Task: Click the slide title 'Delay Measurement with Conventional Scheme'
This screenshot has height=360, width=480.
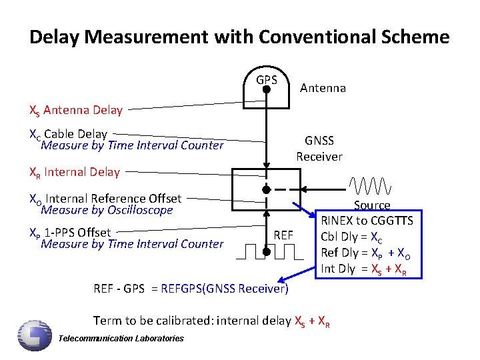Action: pyautogui.click(x=239, y=37)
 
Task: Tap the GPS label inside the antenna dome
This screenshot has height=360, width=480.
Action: pyautogui.click(x=267, y=80)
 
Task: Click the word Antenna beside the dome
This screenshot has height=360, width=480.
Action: pyautogui.click(x=323, y=88)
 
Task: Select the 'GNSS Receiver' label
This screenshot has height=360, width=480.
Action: pyautogui.click(x=319, y=149)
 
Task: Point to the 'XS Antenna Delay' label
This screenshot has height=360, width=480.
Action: pyautogui.click(x=76, y=111)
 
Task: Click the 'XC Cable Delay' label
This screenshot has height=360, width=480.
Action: pyautogui.click(x=69, y=134)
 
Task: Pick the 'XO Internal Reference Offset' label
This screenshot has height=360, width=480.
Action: pyautogui.click(x=105, y=198)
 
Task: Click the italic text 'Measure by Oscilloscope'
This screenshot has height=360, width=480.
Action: pyautogui.click(x=107, y=211)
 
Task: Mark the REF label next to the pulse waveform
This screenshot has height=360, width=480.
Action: pyautogui.click(x=283, y=235)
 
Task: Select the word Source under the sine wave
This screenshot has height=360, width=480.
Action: pyautogui.click(x=372, y=205)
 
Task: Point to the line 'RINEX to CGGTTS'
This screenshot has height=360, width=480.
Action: pyautogui.click(x=367, y=221)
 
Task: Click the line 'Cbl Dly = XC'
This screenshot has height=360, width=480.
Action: pyautogui.click(x=352, y=237)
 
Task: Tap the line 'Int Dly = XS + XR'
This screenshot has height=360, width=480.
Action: pyautogui.click(x=363, y=269)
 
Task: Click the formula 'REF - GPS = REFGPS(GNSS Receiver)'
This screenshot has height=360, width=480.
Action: pyautogui.click(x=191, y=289)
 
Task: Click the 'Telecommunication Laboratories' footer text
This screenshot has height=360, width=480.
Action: pyautogui.click(x=121, y=339)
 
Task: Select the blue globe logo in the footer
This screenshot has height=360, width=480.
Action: pyautogui.click(x=35, y=334)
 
